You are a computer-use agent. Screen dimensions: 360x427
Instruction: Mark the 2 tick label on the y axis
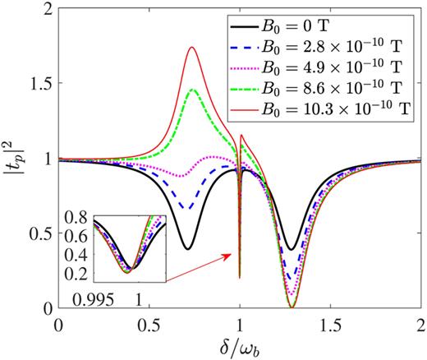(x=48, y=9)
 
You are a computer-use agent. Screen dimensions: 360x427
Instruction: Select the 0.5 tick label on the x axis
(x=149, y=323)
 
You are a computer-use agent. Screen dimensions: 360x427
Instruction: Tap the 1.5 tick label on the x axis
(x=329, y=323)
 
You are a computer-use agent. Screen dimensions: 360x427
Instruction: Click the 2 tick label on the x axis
(x=420, y=323)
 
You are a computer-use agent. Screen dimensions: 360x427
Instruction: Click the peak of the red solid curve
(x=192, y=48)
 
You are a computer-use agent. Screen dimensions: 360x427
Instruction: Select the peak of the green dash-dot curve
(x=193, y=90)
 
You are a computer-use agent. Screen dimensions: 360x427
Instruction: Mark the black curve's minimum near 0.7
(x=188, y=248)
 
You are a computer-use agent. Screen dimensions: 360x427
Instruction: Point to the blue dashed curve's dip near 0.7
(x=189, y=209)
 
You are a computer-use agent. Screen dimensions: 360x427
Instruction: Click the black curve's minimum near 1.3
(x=291, y=248)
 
